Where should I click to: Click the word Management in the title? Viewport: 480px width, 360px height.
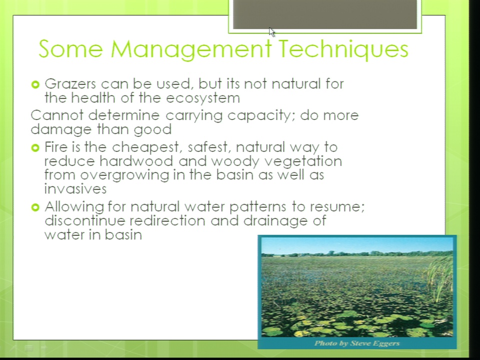[191, 49]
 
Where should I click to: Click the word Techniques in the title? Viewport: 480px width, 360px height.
[344, 49]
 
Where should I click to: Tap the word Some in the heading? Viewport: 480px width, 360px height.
[70, 48]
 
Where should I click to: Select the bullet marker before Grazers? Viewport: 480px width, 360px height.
[35, 84]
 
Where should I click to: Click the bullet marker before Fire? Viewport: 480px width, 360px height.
[35, 148]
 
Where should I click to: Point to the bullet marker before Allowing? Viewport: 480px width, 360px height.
[35, 207]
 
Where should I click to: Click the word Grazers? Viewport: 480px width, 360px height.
[70, 84]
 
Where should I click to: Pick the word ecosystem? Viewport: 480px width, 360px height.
[203, 98]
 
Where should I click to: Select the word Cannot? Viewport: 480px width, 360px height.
[57, 115]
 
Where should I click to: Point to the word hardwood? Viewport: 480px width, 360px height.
[136, 161]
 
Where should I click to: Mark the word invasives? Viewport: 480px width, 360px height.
[75, 189]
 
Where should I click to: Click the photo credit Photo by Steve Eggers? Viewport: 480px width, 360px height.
[357, 343]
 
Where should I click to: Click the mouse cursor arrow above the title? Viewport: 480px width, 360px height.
[272, 32]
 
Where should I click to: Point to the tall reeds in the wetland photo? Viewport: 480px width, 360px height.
[439, 278]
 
